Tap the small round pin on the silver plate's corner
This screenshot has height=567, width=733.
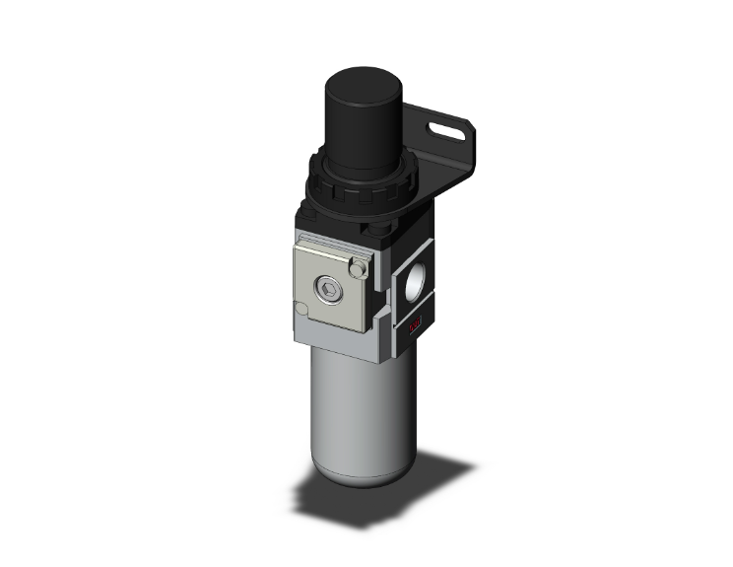[360, 267]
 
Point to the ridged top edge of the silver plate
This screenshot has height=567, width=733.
[330, 245]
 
